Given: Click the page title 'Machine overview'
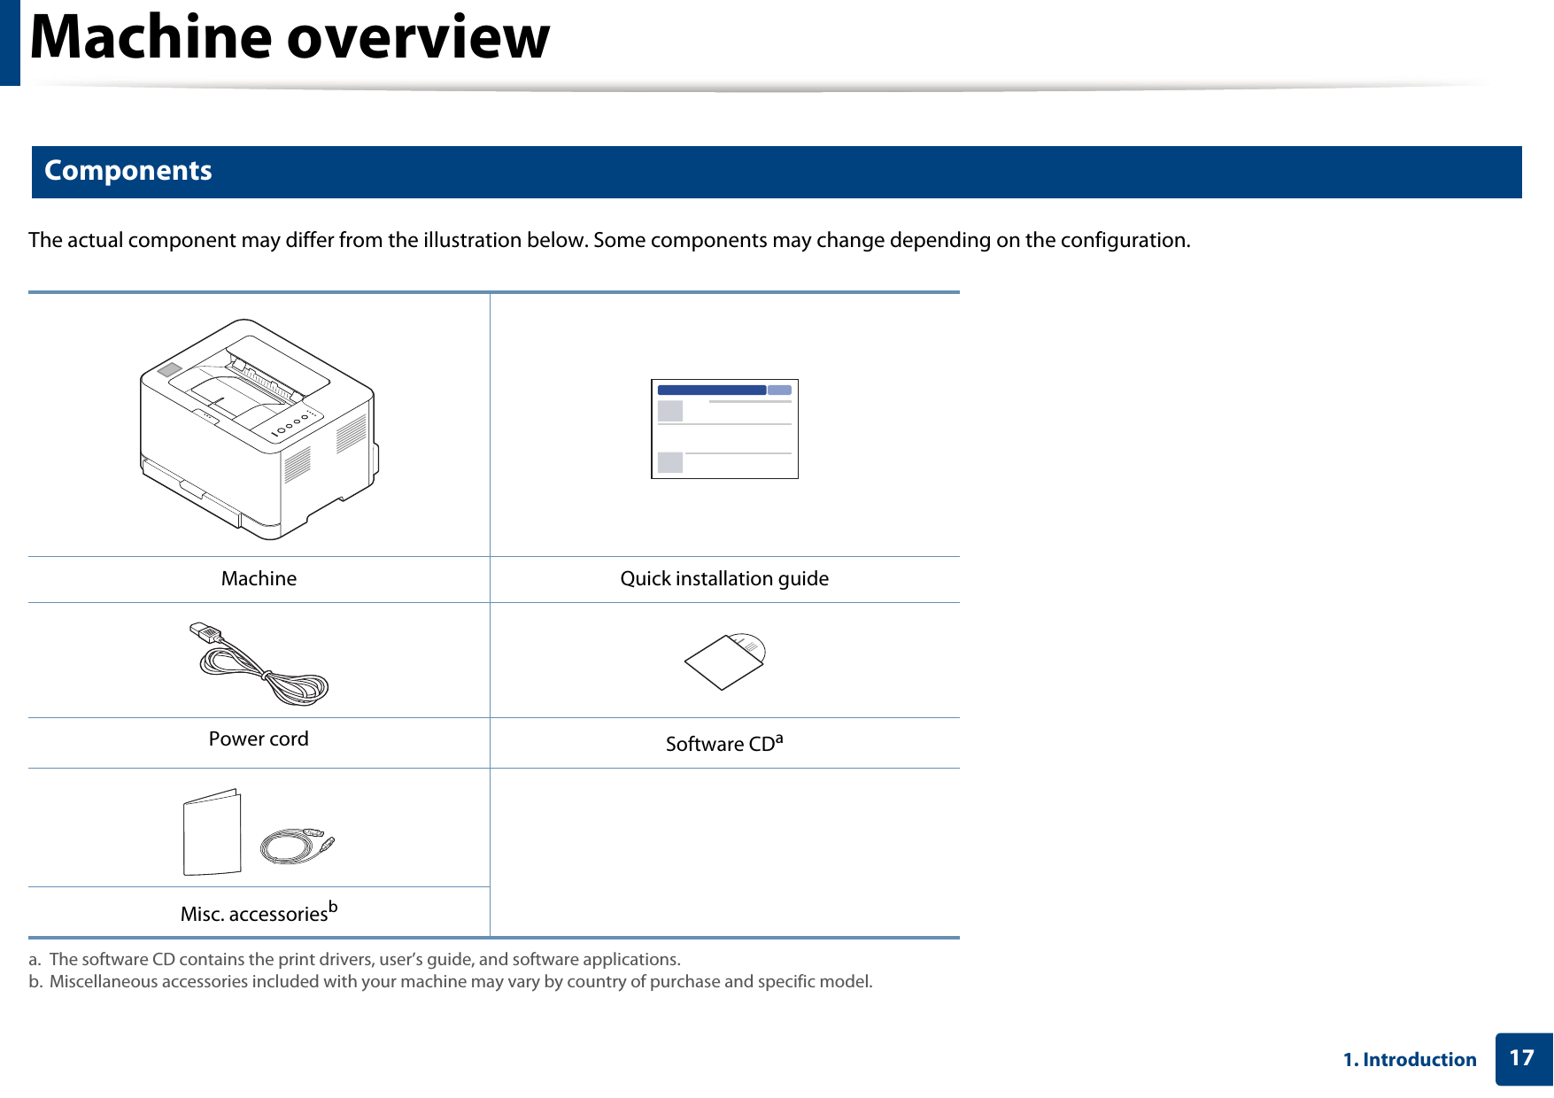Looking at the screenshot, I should [290, 38].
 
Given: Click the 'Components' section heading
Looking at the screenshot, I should [128, 171].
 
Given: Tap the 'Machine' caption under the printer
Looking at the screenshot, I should [259, 579].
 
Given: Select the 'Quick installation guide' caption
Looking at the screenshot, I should [724, 579].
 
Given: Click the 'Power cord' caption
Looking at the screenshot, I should [259, 739].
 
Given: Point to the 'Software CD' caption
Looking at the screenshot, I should [720, 745].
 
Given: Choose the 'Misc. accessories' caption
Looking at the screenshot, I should [254, 915].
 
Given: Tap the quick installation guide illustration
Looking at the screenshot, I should [724, 429].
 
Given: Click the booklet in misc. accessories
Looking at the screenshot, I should [213, 833].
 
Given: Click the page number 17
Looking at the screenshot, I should [1521, 1059].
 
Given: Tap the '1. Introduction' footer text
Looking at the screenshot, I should [1410, 1060].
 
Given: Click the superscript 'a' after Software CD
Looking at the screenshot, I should [779, 737].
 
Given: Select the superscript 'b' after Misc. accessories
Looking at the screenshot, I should [333, 906].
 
